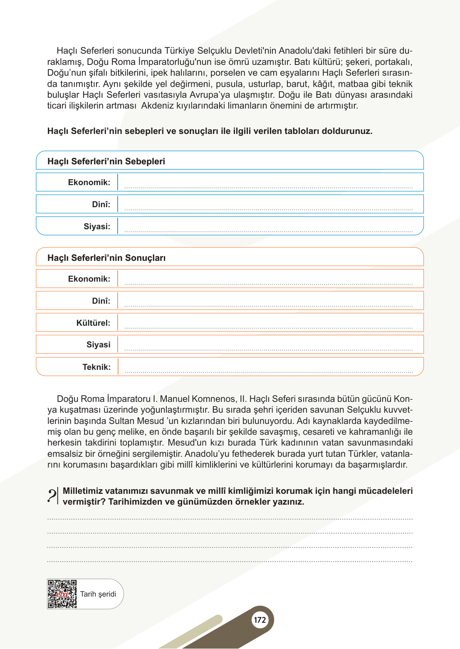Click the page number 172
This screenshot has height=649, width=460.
tap(260, 620)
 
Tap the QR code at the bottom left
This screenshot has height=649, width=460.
tap(62, 594)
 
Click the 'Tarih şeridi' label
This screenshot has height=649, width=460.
tap(98, 594)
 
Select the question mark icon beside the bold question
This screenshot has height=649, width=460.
tap(52, 496)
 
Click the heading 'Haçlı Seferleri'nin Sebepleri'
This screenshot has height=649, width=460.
tap(106, 161)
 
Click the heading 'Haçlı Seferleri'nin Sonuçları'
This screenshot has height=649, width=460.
tap(106, 258)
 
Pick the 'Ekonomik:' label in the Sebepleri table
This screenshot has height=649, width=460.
tap(89, 182)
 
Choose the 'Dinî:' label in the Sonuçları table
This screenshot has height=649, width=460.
tap(101, 301)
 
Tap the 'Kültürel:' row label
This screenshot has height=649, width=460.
tap(93, 323)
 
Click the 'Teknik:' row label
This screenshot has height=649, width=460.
tap(96, 367)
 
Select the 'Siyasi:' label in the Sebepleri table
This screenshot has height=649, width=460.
tap(97, 226)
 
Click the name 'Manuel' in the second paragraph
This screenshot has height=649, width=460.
tap(175, 399)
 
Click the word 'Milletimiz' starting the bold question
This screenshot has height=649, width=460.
tap(83, 491)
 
